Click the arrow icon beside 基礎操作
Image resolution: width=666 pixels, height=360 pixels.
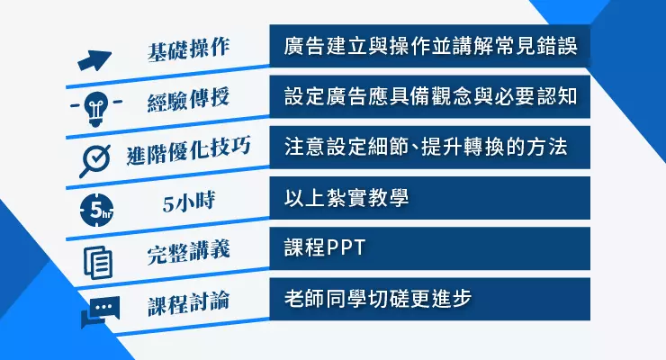(94, 60)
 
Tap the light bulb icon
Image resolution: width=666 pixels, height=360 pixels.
(96, 108)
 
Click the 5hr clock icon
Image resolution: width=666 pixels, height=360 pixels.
(97, 210)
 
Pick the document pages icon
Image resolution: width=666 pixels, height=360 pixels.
(98, 262)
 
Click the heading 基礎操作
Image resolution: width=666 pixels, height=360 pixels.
(189, 49)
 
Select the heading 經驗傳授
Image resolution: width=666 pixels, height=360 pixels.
(189, 99)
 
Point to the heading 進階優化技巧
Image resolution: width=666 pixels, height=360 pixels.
(189, 150)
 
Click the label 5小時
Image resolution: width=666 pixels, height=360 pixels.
(189, 202)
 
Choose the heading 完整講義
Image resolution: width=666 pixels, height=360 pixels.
(189, 252)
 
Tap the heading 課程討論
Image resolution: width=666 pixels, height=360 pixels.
(189, 302)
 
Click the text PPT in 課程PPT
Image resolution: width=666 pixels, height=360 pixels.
(346, 247)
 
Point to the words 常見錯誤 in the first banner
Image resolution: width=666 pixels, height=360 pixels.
(535, 46)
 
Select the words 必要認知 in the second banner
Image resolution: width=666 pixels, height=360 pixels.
(535, 97)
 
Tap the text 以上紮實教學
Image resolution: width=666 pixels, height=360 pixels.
(346, 198)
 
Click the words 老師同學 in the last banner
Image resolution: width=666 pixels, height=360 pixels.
(326, 299)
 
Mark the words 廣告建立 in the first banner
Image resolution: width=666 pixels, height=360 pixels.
(326, 46)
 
